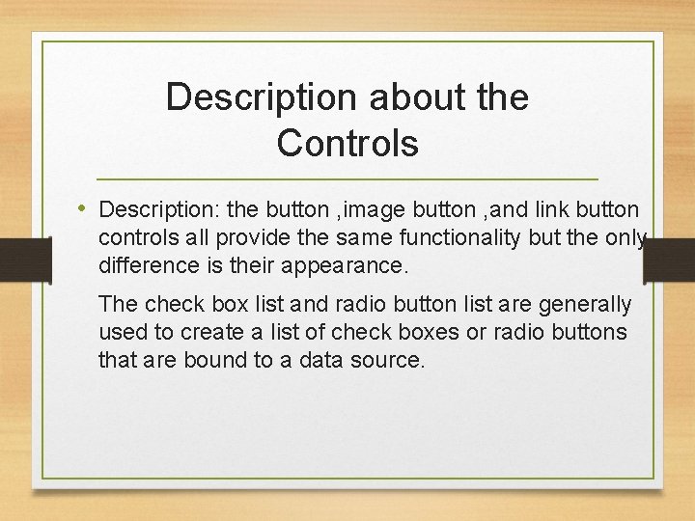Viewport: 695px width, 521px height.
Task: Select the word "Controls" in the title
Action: pos(347,143)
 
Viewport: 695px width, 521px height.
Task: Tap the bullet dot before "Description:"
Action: pos(84,208)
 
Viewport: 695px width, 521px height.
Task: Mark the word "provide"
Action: pos(279,237)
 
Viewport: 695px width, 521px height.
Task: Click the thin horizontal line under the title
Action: pos(347,179)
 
